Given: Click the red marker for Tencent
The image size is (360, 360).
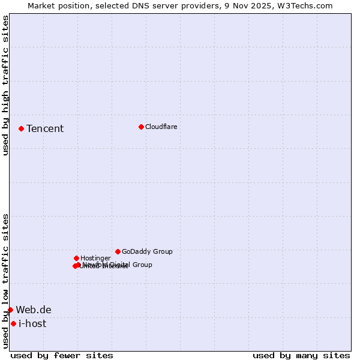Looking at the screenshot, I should [21, 128].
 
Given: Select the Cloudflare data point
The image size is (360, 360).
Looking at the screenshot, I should [141, 127].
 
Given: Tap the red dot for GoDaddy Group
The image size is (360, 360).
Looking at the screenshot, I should [118, 251].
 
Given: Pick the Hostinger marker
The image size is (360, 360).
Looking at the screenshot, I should [76, 258].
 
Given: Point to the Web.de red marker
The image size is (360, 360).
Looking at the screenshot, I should [10, 310].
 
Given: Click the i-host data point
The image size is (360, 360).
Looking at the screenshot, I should [13, 323].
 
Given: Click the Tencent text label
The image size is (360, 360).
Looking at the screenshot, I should [45, 128].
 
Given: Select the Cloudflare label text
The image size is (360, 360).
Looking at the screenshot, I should [161, 127].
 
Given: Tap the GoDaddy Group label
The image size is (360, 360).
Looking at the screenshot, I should [147, 251].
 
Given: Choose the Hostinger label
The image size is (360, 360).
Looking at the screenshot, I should [95, 258].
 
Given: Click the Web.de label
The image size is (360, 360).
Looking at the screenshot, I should [34, 310].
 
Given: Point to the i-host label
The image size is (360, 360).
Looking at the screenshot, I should [32, 323].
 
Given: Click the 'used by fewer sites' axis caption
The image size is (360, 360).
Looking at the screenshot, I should [62, 355].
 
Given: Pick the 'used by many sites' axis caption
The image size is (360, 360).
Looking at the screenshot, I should [301, 355].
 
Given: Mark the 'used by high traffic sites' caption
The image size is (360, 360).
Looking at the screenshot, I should [5, 85].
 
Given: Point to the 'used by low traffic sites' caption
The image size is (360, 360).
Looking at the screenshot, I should [5, 281].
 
